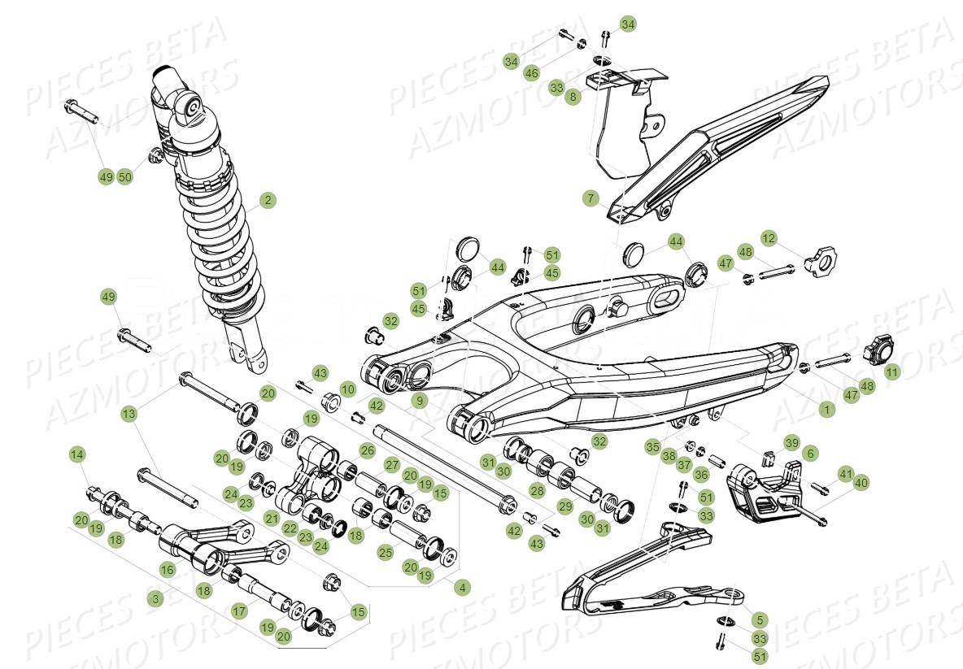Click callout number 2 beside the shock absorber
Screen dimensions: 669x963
(x=268, y=200)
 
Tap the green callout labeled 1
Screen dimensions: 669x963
(x=826, y=411)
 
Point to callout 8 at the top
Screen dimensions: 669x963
(x=574, y=96)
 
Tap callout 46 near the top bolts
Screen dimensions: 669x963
(x=531, y=73)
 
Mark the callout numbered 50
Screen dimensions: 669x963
(x=124, y=177)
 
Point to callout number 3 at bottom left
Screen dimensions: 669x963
(x=155, y=598)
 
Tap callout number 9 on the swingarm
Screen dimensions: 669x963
(x=419, y=401)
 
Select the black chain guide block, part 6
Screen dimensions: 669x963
(x=760, y=492)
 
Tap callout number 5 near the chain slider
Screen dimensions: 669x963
(x=759, y=619)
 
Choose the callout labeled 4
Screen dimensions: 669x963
(x=463, y=586)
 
